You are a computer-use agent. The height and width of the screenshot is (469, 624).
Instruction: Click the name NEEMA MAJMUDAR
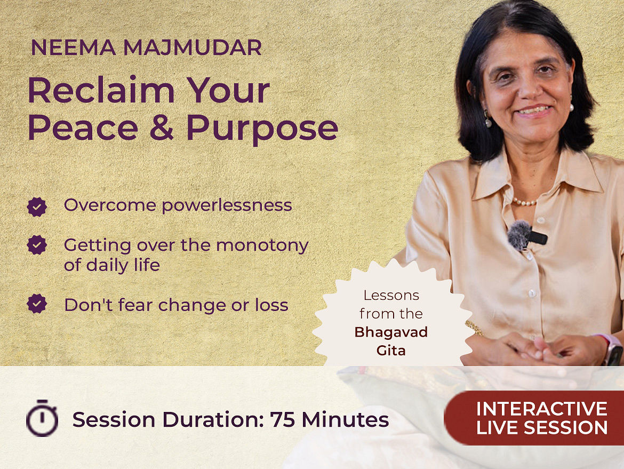click(x=146, y=47)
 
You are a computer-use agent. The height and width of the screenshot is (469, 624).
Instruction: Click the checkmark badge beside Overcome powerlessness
click(x=37, y=207)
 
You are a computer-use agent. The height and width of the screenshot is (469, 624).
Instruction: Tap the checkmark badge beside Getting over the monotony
click(x=37, y=245)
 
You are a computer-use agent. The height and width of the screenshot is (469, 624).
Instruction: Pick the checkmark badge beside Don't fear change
click(x=37, y=304)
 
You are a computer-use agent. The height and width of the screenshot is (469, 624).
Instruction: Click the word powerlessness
click(x=227, y=206)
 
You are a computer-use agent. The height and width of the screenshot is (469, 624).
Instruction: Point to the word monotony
click(x=262, y=245)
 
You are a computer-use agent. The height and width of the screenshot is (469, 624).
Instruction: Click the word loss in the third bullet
click(x=272, y=305)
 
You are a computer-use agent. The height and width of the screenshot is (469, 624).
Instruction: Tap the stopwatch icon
click(x=42, y=418)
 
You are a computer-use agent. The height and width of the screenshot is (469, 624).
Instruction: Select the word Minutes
click(x=345, y=419)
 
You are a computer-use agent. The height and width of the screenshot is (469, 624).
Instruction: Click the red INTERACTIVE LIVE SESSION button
click(x=534, y=418)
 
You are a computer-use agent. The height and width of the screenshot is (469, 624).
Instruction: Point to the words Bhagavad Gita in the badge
click(x=391, y=341)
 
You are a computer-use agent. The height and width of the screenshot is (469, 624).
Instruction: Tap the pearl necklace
click(x=524, y=202)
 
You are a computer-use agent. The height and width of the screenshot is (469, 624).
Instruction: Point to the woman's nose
click(x=527, y=90)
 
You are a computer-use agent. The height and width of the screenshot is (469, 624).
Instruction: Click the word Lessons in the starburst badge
click(x=391, y=296)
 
